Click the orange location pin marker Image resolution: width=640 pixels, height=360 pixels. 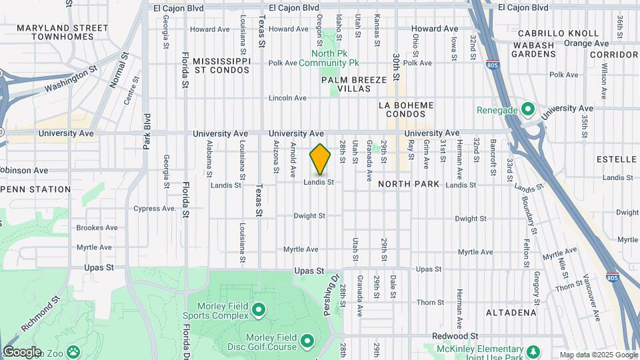(x=320, y=159)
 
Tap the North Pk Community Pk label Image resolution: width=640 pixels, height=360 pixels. (x=329, y=58)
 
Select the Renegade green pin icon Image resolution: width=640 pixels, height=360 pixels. (x=528, y=109)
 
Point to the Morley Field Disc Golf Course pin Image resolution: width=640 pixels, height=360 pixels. (x=307, y=341)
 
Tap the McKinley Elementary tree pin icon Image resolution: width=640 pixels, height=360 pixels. (x=533, y=351)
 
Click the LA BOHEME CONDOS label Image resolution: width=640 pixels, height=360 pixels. (x=406, y=110)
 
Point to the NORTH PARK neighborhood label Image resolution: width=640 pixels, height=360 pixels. (x=408, y=184)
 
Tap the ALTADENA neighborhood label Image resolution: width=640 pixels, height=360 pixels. (x=511, y=312)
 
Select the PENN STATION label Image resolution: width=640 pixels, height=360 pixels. (x=37, y=189)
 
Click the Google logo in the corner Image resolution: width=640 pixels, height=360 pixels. (x=21, y=352)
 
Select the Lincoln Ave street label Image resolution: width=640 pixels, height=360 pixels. (x=287, y=98)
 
